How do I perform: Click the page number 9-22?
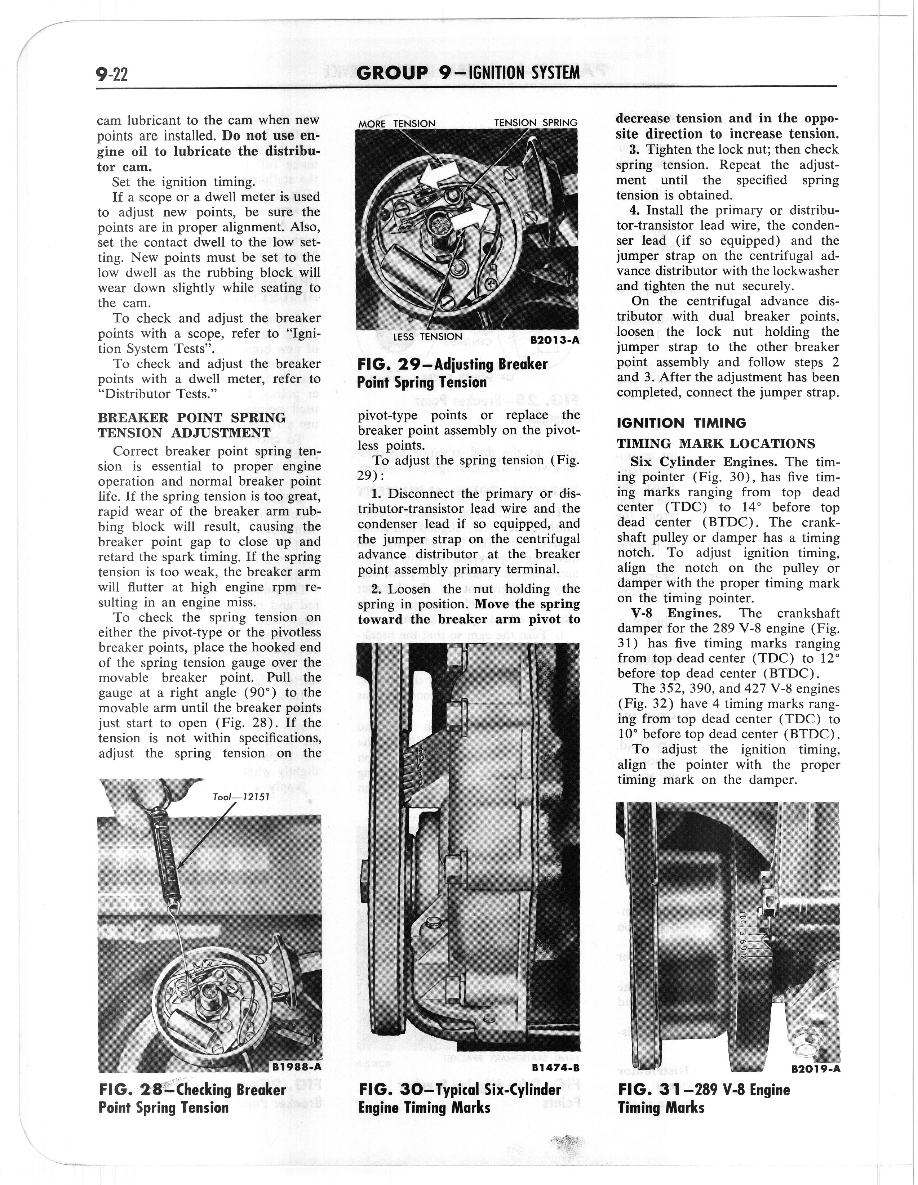(111, 73)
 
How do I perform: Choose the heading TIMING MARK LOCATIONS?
(715, 444)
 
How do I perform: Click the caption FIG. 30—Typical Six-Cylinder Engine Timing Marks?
(459, 1098)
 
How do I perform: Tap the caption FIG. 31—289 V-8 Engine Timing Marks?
(704, 1098)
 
